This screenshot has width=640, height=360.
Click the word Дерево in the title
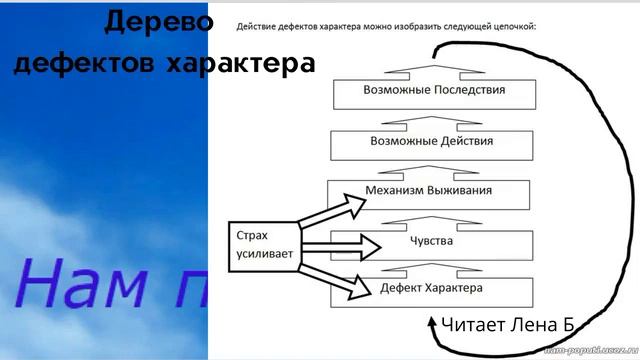[x=159, y=21]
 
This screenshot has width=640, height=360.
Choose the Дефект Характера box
[x=433, y=289]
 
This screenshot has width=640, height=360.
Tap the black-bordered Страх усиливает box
[x=262, y=245]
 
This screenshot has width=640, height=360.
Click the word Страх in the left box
[x=252, y=236]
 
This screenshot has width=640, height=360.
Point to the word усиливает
[x=264, y=255]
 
